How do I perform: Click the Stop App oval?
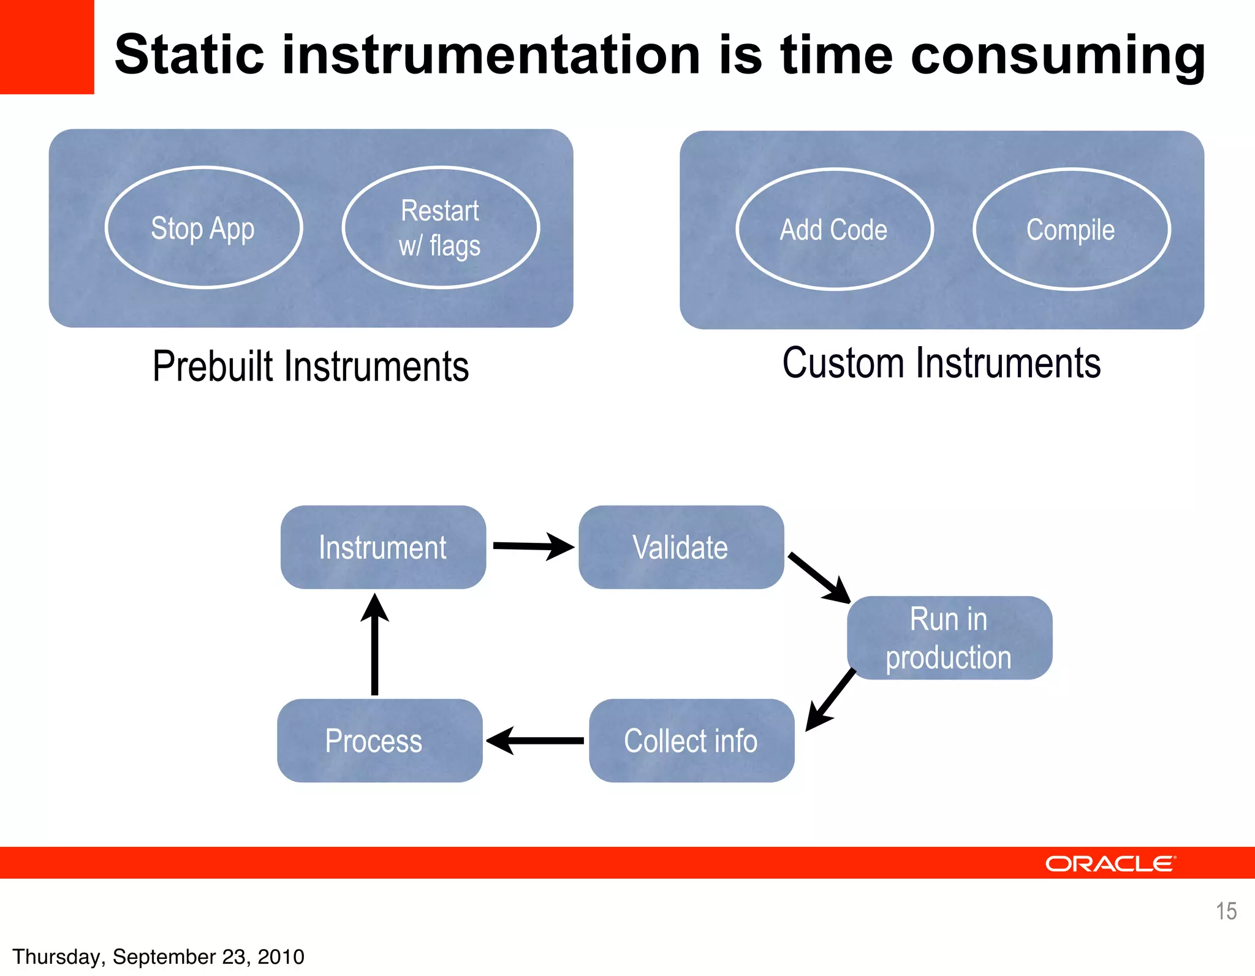pos(203,227)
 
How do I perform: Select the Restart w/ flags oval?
pos(440,227)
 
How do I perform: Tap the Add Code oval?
pos(834,229)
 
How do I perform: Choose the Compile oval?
pos(1071,229)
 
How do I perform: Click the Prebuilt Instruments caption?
pos(311,366)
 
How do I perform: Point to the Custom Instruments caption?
pos(941,363)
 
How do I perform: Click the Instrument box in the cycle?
pos(383,547)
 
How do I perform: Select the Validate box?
pos(681,547)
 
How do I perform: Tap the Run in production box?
pos(949,638)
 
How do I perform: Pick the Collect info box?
pos(691,741)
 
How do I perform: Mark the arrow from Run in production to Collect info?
pos(831,699)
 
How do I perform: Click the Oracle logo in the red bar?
pos(1110,863)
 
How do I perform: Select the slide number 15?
pos(1226,911)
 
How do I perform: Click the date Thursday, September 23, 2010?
pos(158,956)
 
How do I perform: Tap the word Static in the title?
pos(189,55)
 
